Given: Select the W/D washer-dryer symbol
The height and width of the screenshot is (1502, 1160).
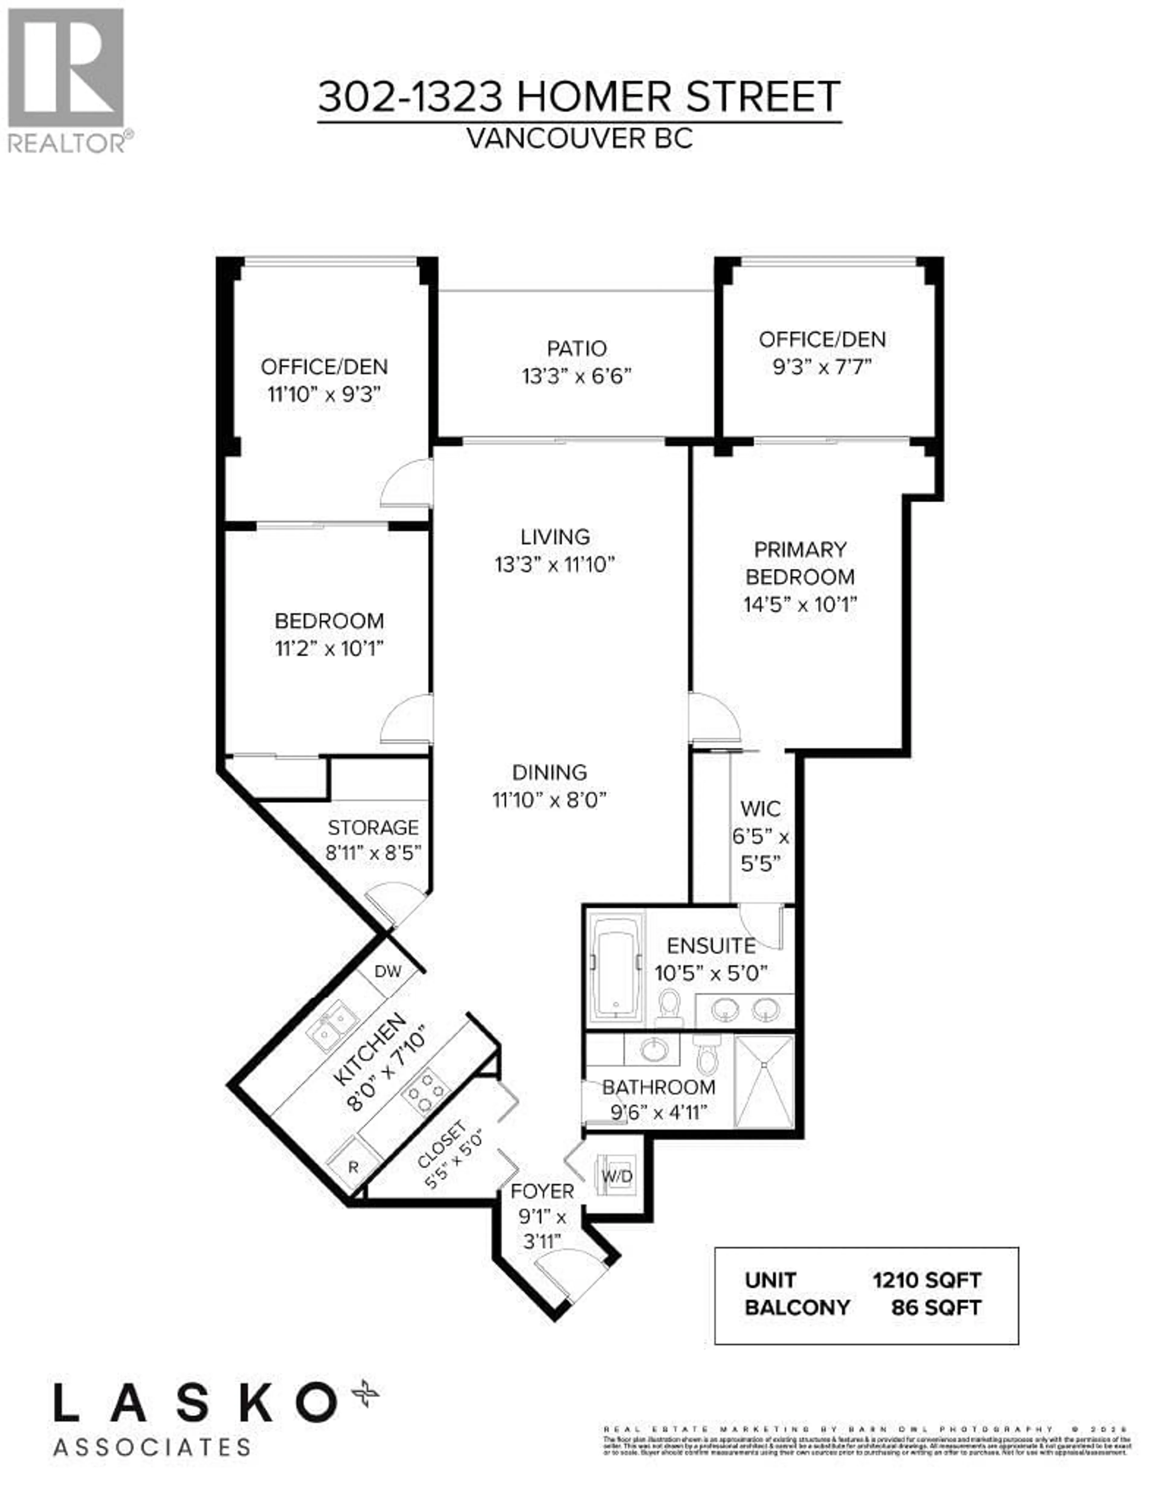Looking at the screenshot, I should click(617, 1177).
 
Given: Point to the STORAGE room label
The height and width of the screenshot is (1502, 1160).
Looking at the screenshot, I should click(373, 827).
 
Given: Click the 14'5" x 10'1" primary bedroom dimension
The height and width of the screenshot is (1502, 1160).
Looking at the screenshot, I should click(800, 605).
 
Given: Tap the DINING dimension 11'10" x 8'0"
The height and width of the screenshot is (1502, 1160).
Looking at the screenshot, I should click(549, 800).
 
